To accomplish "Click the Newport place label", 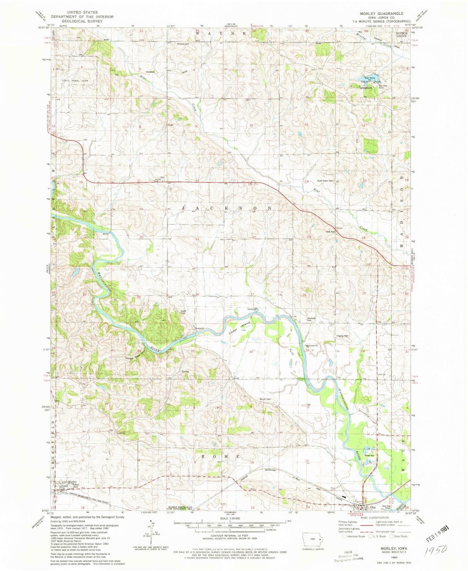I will [199, 328].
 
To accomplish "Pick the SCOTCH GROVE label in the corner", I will [402, 35].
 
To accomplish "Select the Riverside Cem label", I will [311, 319].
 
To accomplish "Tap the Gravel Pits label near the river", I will [370, 455].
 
